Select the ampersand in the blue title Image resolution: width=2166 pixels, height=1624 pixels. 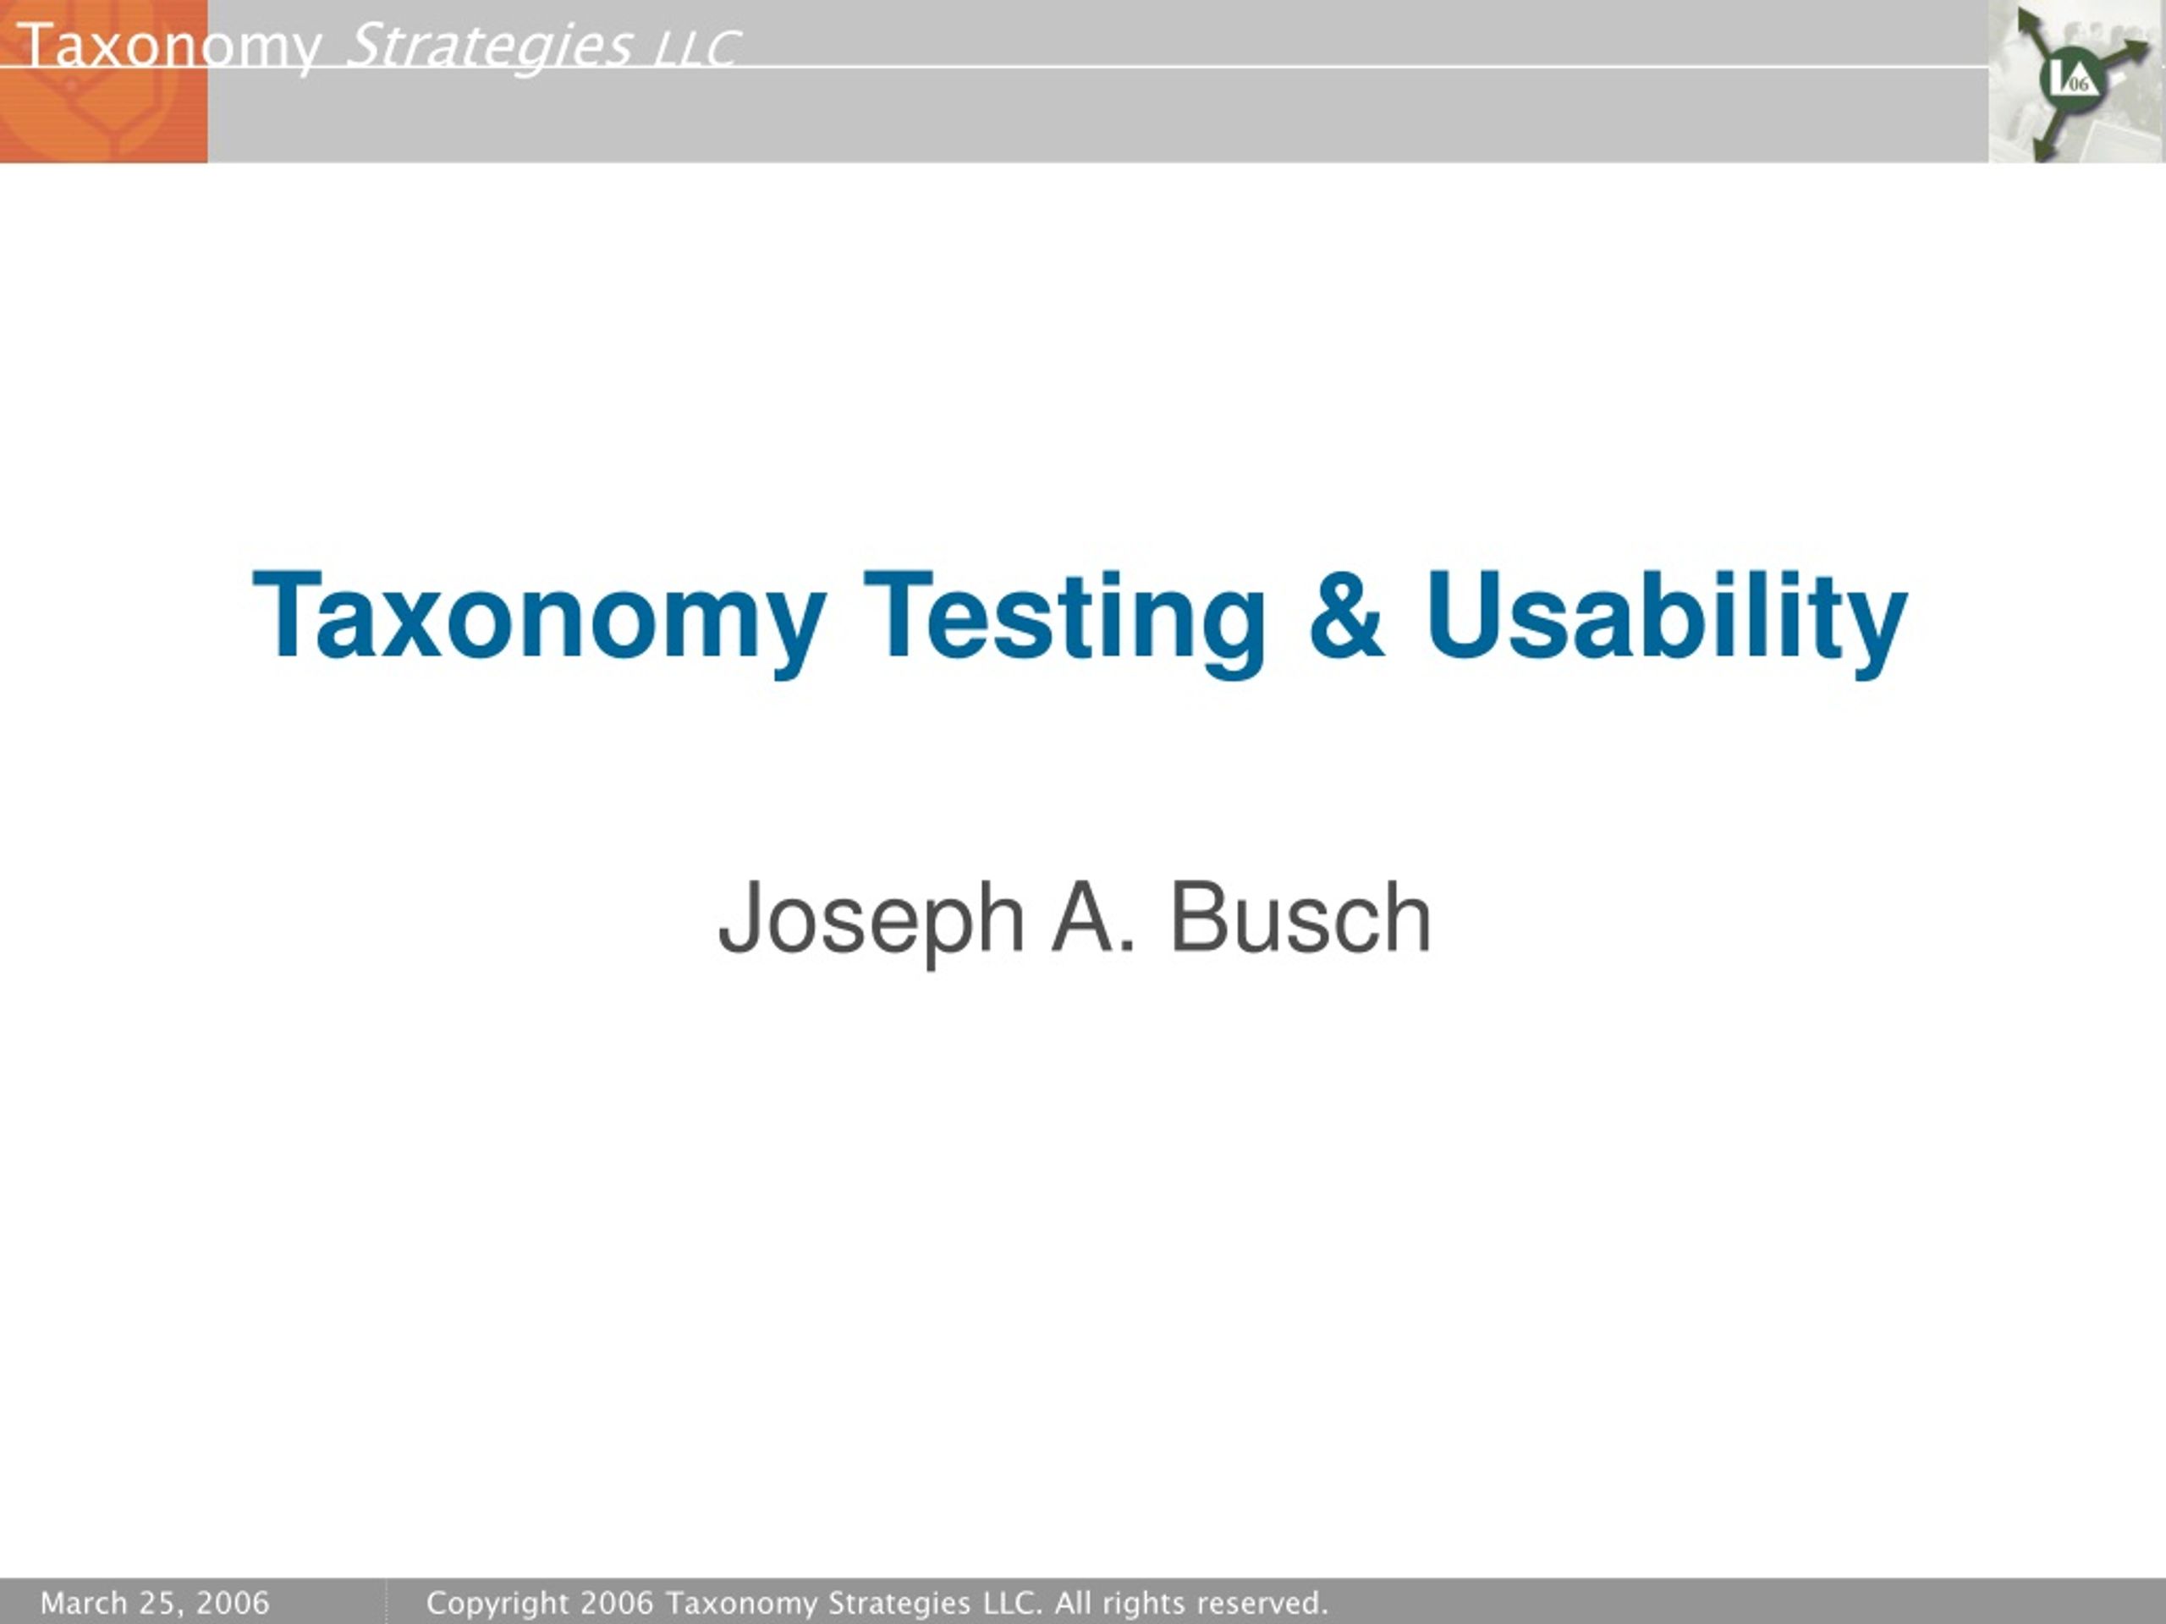[1346, 614]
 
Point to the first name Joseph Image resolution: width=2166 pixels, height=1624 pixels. [871, 920]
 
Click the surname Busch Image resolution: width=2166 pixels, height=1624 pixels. [1301, 916]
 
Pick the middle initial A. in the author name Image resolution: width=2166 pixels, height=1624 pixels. [1095, 916]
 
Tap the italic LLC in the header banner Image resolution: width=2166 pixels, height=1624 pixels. [696, 49]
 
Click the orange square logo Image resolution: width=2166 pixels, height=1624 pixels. [104, 81]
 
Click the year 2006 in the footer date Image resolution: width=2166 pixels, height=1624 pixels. [232, 1603]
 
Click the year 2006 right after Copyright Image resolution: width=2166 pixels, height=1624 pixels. [617, 1603]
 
